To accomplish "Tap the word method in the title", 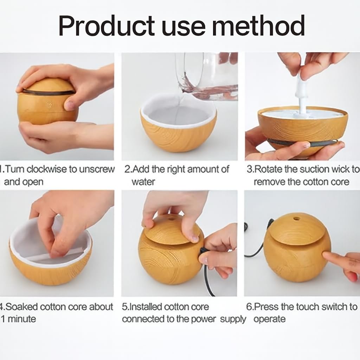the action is coord(258,25).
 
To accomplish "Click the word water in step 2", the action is coord(143,182).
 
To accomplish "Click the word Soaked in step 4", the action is coord(21,307).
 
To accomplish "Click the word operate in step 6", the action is coord(270,319).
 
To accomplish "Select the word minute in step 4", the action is coord(22,319).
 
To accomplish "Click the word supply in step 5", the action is coord(233,319).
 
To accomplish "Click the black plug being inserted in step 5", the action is coord(204,250).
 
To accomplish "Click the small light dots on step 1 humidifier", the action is coord(50,104).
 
